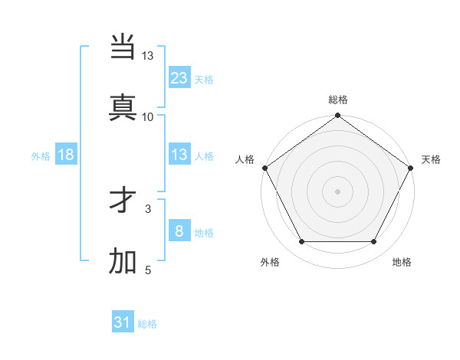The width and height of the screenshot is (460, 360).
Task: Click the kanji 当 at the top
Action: click(x=123, y=48)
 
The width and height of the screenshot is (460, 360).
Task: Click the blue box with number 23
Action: click(x=179, y=77)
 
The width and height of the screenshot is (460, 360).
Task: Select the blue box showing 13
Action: click(x=179, y=155)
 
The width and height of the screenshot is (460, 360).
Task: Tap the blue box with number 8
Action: click(x=179, y=231)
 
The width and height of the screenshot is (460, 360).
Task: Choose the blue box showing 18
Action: click(x=66, y=155)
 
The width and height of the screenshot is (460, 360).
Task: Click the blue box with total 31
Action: click(x=123, y=322)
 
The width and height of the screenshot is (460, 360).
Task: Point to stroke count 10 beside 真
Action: click(x=148, y=117)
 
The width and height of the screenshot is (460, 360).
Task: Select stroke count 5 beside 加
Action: click(x=148, y=270)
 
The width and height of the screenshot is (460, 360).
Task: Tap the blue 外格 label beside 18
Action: click(x=41, y=155)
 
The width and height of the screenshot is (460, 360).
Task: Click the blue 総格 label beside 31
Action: click(x=147, y=324)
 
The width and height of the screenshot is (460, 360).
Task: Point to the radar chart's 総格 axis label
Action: click(x=337, y=100)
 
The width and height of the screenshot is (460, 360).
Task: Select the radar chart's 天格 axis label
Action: click(x=431, y=159)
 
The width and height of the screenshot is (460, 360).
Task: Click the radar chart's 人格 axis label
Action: click(x=245, y=159)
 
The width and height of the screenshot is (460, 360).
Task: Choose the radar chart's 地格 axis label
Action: click(x=402, y=262)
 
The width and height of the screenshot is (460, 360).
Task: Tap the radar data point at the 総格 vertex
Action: click(x=337, y=116)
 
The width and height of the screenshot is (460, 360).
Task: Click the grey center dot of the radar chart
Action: click(x=337, y=191)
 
